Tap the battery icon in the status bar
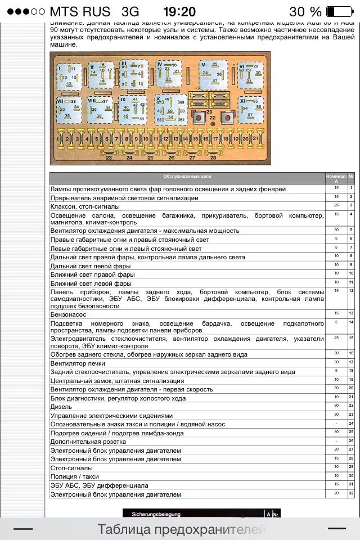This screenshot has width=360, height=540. coord(337,11)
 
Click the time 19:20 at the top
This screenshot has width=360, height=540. coord(179,11)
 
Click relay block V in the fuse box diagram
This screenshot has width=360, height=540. coord(213,74)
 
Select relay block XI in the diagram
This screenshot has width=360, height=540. coord(250,109)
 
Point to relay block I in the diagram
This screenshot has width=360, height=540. coord(69,75)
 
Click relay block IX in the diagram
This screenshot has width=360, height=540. coord(133,109)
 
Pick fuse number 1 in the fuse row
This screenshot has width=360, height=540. coord(58,138)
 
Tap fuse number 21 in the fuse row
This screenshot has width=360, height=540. coord(255,138)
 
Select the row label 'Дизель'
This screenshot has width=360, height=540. coord(61,407)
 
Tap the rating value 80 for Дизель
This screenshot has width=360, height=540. coord(336,406)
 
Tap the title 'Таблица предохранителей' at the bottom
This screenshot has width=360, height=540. coord(181,529)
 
